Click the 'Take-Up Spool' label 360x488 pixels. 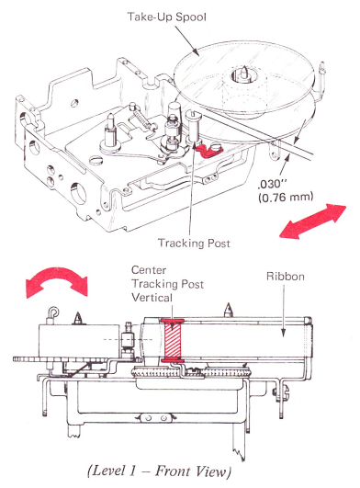point(166,17)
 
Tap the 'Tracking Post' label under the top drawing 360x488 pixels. point(194,243)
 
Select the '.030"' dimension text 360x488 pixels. point(269,184)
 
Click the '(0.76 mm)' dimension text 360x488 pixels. point(286,198)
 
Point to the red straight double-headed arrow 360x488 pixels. point(312,221)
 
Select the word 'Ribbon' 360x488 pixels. point(285,277)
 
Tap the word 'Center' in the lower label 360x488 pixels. point(149,270)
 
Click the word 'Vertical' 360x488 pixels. point(152,298)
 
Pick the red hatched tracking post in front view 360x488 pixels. point(173,340)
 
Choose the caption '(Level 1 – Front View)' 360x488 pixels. point(160,471)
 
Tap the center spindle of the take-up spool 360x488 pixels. point(244,74)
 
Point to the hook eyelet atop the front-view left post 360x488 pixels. point(53,312)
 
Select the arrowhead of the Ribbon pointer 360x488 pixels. point(283,333)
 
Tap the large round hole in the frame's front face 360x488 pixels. point(78,194)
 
